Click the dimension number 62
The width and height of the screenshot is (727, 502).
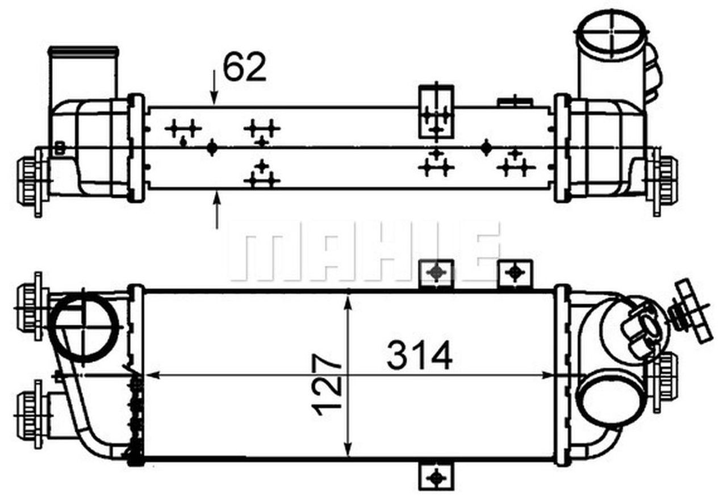coord(245,67)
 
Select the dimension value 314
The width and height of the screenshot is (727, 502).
coord(419,355)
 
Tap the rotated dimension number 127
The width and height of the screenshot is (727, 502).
coord(327,386)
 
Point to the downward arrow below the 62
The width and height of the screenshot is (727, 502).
coord(214,87)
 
